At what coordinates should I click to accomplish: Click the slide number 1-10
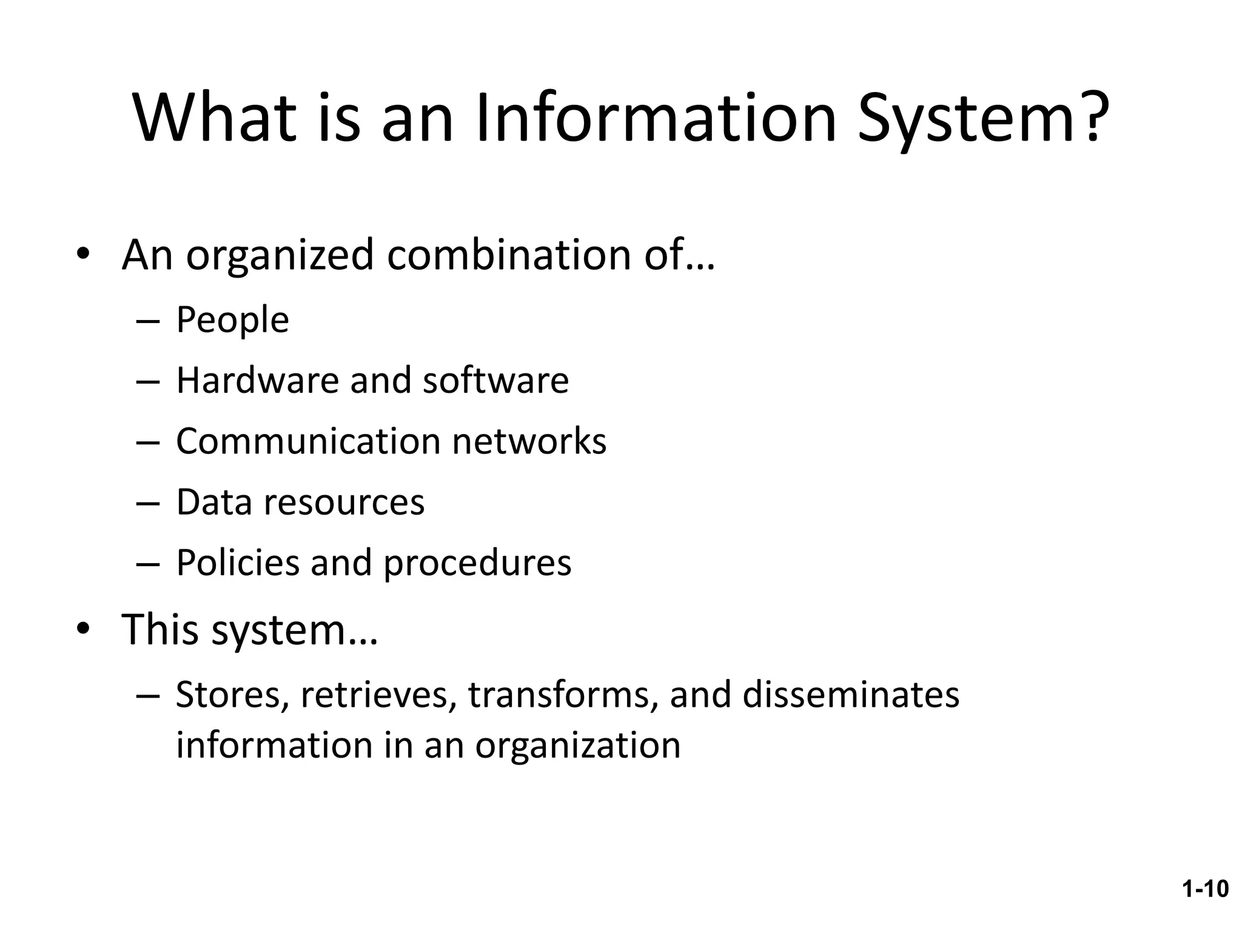(x=1205, y=889)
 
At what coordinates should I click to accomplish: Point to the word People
(x=232, y=320)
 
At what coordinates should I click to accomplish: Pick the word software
(x=495, y=381)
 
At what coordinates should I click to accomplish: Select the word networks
(x=529, y=441)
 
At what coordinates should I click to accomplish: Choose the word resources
(x=344, y=502)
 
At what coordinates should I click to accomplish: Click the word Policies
(x=238, y=563)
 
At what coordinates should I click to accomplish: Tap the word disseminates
(x=851, y=695)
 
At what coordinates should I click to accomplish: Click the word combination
(x=509, y=255)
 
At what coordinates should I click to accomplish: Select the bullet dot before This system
(x=83, y=630)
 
